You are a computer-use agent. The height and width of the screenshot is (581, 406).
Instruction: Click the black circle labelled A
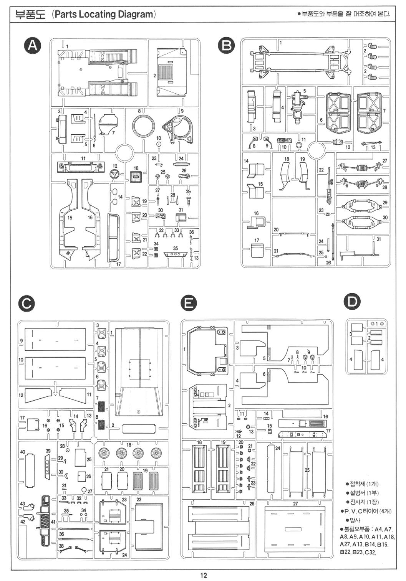pos(32,46)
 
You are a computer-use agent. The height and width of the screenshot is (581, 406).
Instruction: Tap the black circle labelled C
pos(26,303)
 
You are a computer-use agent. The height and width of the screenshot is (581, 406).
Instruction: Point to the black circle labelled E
pos(188,303)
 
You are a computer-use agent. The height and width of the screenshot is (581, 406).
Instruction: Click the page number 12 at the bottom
pos(203,575)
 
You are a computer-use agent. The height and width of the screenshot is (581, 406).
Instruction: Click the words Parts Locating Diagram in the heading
pos(103,15)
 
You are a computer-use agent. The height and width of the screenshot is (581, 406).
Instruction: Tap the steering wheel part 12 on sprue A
pos(115,173)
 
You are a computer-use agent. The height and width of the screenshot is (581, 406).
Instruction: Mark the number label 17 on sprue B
pos(257,240)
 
